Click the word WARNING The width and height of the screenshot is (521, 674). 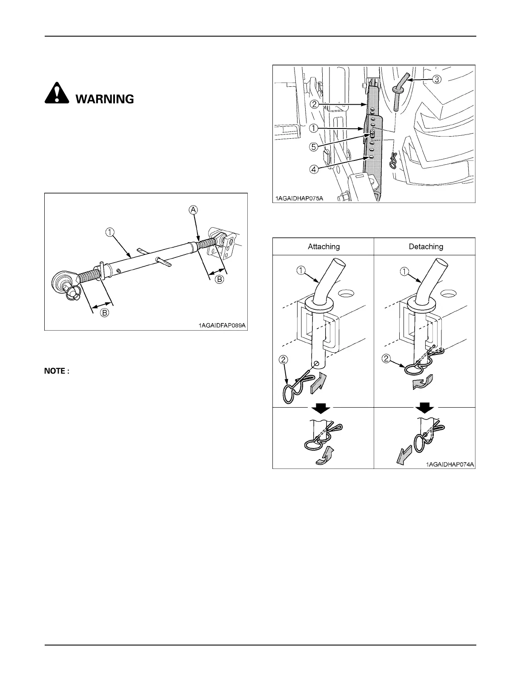click(105, 99)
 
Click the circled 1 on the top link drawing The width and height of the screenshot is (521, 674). click(110, 232)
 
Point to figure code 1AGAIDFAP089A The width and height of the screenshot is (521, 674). click(222, 326)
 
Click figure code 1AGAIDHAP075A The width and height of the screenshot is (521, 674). click(298, 198)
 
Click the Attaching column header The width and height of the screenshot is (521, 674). click(323, 246)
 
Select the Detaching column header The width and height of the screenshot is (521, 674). click(426, 246)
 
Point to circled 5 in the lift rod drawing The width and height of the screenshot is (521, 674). click(313, 147)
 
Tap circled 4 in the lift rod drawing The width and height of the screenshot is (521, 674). click(313, 169)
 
